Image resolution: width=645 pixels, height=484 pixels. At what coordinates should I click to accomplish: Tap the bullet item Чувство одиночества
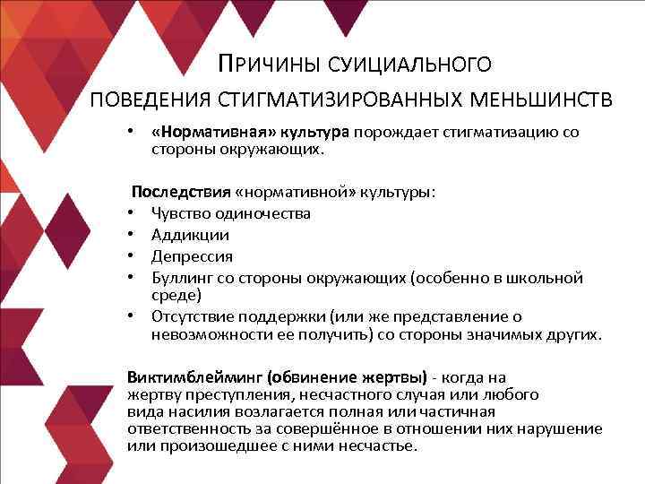click(x=231, y=213)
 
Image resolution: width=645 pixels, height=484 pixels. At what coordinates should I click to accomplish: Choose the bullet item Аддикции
click(x=190, y=235)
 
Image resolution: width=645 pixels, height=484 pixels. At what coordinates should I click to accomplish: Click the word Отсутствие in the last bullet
click(x=191, y=316)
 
